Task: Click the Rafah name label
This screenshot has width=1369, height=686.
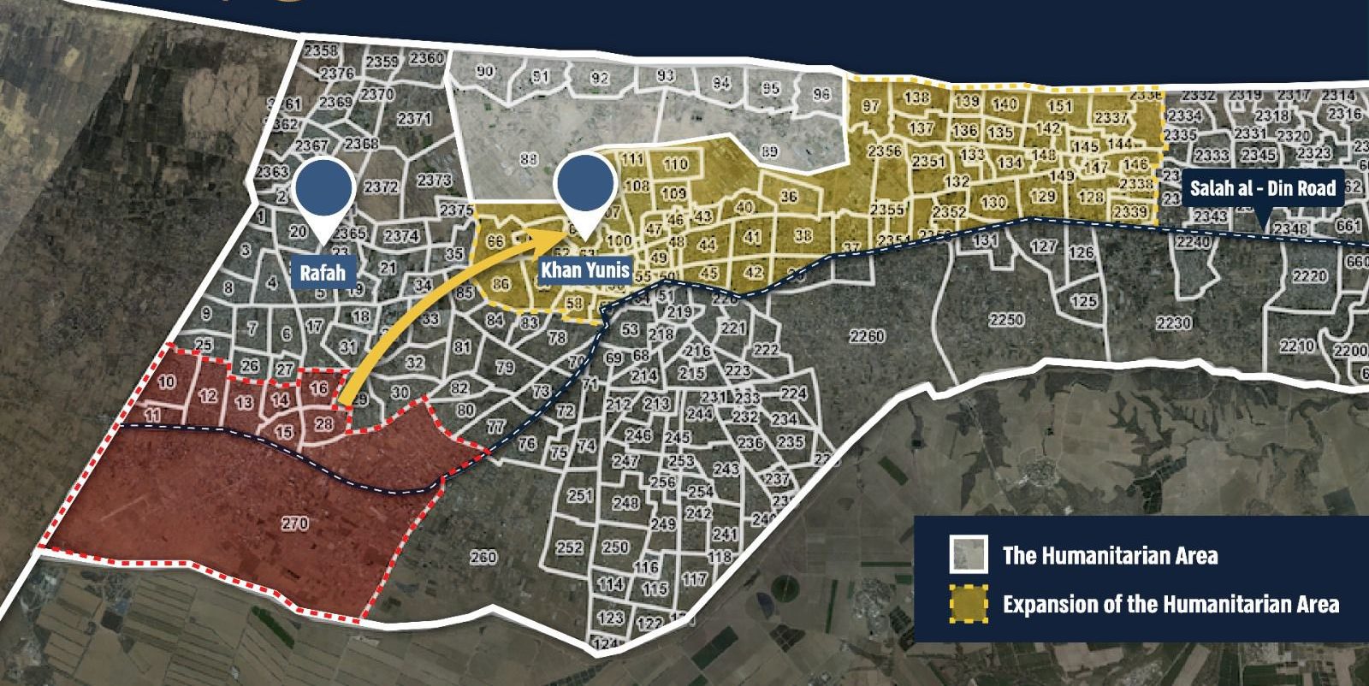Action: (x=323, y=274)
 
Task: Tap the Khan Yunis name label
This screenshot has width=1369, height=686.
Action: (x=585, y=271)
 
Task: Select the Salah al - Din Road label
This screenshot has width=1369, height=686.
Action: (x=1263, y=189)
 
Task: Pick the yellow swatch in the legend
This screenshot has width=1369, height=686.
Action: (x=969, y=603)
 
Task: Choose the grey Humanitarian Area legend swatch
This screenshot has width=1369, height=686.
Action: (x=969, y=554)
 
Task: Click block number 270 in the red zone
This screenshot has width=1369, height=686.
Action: (x=294, y=523)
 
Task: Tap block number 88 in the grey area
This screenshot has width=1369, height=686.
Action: (x=528, y=158)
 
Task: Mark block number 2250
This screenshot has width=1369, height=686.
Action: (x=1005, y=320)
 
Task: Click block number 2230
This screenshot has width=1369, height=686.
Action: (x=1173, y=323)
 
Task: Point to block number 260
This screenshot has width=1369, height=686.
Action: (x=483, y=557)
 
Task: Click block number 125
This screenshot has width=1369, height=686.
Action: (x=1083, y=302)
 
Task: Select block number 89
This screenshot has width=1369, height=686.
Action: (x=769, y=152)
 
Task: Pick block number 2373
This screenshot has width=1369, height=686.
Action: (x=435, y=180)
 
